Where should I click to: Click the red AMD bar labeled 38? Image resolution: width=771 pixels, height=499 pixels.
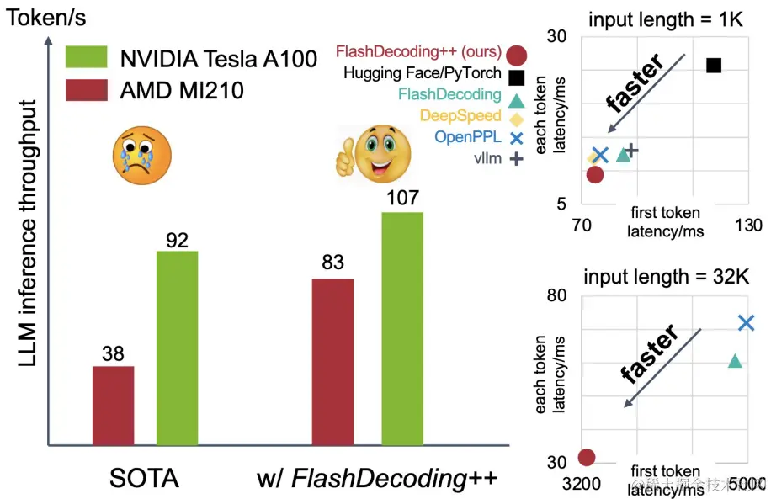113,405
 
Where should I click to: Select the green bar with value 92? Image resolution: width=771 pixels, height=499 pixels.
177,348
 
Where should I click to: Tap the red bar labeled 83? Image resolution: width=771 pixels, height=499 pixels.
332,361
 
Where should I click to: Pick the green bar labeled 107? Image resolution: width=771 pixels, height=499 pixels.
402,328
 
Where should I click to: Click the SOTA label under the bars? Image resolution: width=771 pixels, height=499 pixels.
144,479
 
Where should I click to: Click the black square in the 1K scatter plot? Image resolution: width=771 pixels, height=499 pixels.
714,66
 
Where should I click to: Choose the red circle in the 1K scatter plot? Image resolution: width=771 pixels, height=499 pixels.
595,175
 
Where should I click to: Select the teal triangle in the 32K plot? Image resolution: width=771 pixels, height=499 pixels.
735,361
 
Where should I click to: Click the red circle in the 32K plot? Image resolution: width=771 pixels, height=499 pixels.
587,458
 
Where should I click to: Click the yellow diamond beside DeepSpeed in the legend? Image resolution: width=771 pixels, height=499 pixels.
517,117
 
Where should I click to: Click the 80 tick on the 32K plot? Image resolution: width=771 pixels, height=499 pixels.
556,296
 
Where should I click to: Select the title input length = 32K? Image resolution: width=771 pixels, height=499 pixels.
667,277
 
